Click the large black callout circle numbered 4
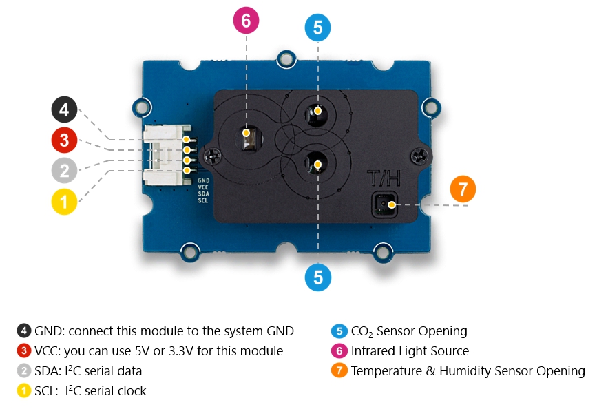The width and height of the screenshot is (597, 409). click(64, 110)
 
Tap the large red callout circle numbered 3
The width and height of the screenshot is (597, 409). click(64, 141)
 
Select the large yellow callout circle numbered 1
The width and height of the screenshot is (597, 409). click(64, 202)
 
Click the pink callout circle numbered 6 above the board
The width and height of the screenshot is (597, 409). click(246, 20)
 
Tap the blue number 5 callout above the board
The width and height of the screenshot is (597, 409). click(317, 28)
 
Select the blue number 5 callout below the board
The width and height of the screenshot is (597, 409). click(317, 277)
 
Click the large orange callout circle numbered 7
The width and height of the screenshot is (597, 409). click(463, 189)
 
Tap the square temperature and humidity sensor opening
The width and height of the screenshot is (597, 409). click(384, 204)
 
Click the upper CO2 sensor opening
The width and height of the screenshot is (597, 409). click(317, 112)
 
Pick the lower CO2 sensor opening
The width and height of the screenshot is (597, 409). click(317, 164)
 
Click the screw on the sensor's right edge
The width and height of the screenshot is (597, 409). click(419, 155)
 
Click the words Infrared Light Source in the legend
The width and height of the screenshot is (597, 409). click(410, 351)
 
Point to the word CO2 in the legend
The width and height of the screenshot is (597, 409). click(364, 331)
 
